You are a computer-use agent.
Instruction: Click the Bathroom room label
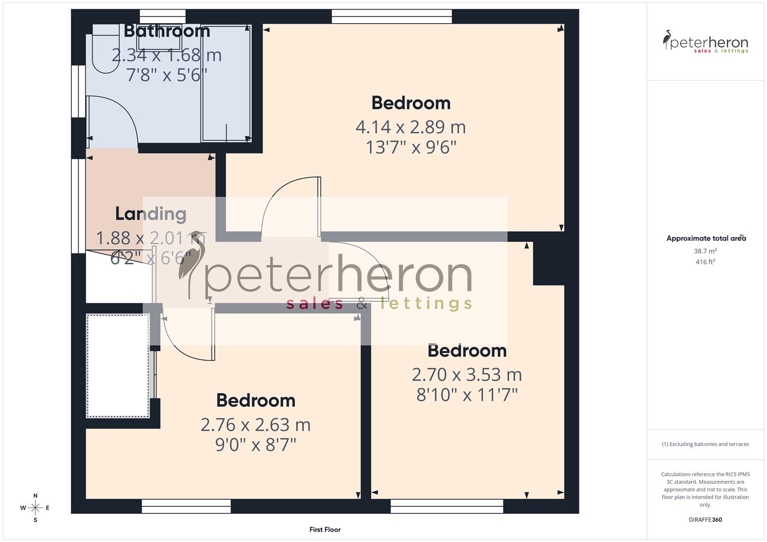[167, 31]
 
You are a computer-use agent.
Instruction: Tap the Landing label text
[151, 214]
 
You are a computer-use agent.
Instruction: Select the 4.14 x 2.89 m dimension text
[410, 127]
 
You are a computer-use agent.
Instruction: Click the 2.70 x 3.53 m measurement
[467, 374]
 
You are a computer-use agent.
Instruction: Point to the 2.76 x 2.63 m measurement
[255, 425]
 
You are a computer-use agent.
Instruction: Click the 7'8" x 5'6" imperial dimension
[167, 75]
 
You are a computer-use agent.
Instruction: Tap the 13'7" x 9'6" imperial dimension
[410, 148]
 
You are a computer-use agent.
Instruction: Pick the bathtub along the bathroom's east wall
[226, 83]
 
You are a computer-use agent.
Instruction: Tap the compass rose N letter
[35, 496]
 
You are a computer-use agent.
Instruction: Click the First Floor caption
[325, 529]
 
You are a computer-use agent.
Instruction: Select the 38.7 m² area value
[705, 251]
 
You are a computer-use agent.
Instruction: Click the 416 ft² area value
[705, 262]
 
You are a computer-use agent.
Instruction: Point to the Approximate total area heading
[706, 238]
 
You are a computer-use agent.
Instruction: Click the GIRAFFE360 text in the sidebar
[705, 520]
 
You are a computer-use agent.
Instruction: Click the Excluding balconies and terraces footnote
[705, 444]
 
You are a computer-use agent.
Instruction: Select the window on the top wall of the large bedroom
[392, 17]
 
